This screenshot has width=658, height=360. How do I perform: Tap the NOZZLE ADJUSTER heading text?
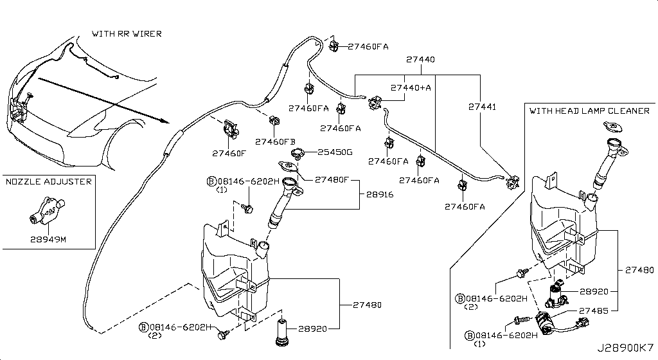[x=49, y=182]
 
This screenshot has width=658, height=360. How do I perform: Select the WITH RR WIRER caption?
[x=127, y=33]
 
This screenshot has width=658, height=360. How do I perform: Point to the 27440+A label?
[x=411, y=87]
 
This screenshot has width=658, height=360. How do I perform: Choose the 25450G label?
[x=335, y=152]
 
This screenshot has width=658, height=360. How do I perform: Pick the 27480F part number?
[x=331, y=180]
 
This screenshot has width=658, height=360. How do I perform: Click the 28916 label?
[x=380, y=192]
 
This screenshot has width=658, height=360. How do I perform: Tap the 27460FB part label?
[x=275, y=141]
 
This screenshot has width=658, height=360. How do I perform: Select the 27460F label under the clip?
[x=229, y=154]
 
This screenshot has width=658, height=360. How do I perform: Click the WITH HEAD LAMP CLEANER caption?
[x=589, y=111]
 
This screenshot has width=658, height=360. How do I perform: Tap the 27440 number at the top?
[x=420, y=59]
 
